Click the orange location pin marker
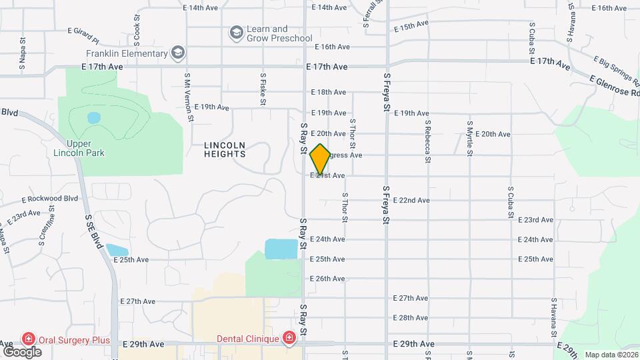(320, 159)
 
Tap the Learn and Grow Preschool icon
(235, 32)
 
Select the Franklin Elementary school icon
(177, 53)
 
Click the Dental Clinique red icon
(289, 338)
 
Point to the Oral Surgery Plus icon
(29, 339)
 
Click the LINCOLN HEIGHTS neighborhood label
(225, 149)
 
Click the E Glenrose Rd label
(614, 85)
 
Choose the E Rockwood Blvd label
(50, 199)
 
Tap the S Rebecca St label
(427, 141)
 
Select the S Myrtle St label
(470, 138)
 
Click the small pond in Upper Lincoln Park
(93, 118)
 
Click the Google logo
(22, 351)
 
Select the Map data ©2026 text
(611, 355)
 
